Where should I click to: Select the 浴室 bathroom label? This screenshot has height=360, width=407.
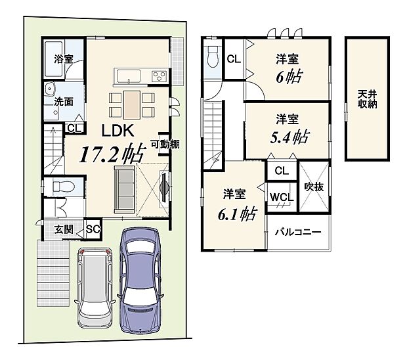[x=63, y=58]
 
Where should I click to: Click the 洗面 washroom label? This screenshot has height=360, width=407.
[x=64, y=102]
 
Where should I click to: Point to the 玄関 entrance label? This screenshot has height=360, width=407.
[x=64, y=229]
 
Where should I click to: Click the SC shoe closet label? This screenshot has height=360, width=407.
[x=92, y=229]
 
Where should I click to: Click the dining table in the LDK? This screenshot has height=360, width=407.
[x=131, y=104]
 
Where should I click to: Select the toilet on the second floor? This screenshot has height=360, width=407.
[x=212, y=60]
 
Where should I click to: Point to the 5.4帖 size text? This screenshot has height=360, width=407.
[x=288, y=137]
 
